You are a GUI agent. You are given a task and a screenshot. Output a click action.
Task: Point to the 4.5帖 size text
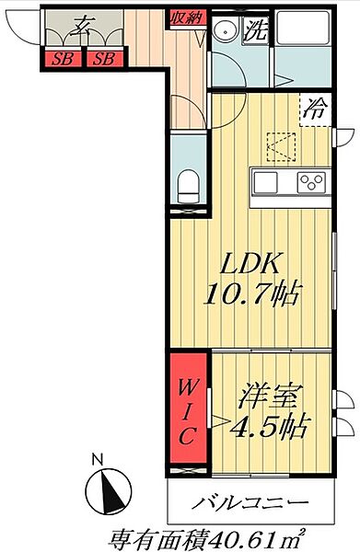268,428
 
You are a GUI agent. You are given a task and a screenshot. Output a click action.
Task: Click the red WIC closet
187,408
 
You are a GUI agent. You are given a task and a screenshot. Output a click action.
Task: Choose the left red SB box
63,60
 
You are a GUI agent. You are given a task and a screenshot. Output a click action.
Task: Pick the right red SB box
105,60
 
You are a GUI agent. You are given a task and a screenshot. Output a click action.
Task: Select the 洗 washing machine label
256,29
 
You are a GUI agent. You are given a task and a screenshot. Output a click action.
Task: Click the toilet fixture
187,186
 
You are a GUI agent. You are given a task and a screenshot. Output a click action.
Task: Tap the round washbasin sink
223,30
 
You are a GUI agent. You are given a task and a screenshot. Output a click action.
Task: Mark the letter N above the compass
98,457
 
